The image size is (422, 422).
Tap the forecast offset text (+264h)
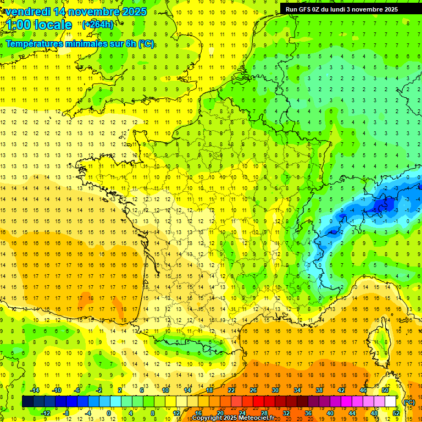point(98,24)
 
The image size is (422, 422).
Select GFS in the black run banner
point(305,9)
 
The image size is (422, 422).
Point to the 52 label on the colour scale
point(396,413)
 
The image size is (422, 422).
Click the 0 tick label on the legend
point(109,413)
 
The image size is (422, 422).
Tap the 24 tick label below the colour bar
point(242,413)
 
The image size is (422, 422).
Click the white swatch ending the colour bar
point(390,402)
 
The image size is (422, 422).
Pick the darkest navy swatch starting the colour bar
point(27,402)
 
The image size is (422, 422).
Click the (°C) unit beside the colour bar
point(409,402)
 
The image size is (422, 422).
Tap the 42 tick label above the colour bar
point(341,390)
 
